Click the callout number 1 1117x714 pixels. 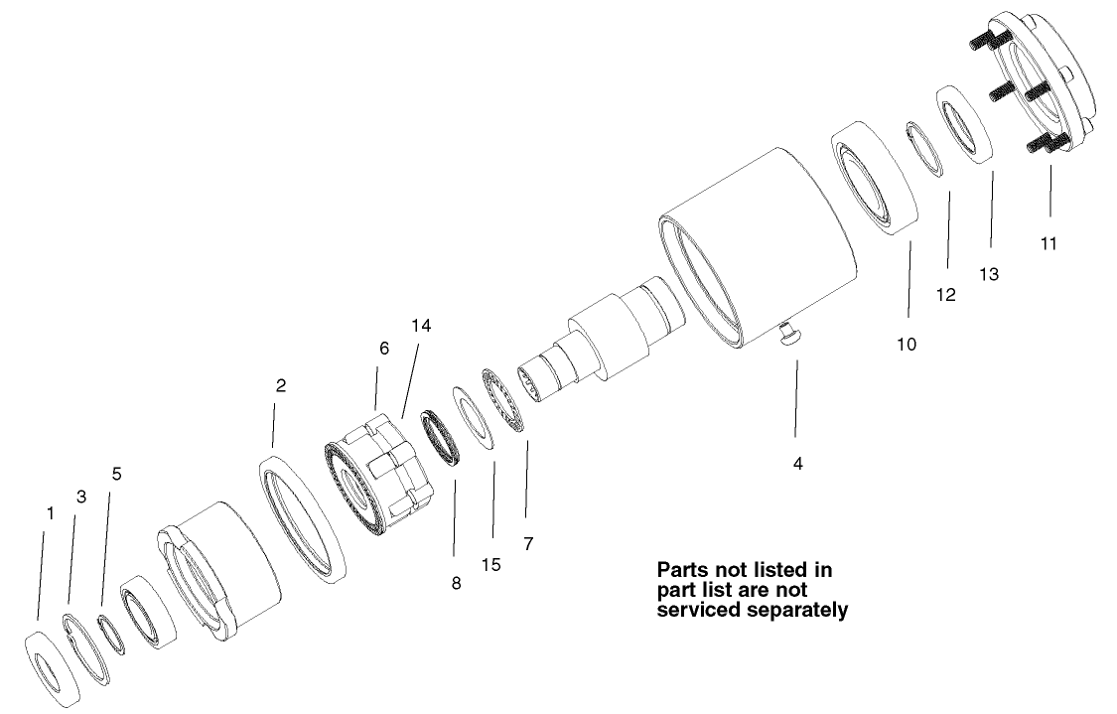(x=50, y=513)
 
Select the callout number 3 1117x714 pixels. (x=81, y=497)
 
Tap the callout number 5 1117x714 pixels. (x=116, y=474)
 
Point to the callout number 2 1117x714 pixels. (x=281, y=386)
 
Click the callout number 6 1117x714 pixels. (x=384, y=349)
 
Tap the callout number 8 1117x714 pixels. (x=456, y=584)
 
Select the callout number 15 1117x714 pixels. (x=491, y=564)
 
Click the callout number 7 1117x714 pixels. (x=528, y=543)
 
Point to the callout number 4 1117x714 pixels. (x=797, y=463)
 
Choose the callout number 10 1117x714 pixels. (x=906, y=345)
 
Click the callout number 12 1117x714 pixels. (x=946, y=295)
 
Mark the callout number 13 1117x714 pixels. (x=990, y=272)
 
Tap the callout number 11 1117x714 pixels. (x=1048, y=242)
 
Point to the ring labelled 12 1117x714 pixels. (x=924, y=147)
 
